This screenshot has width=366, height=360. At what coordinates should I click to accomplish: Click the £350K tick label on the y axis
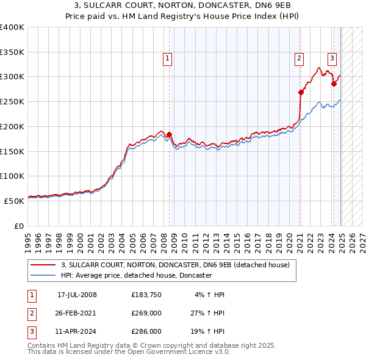pyautogui.click(x=12, y=52)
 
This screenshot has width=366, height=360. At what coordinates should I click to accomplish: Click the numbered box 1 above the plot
pyautogui.click(x=167, y=59)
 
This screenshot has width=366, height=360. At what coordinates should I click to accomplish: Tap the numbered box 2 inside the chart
pyautogui.click(x=300, y=59)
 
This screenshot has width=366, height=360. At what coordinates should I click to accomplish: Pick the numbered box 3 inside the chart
pyautogui.click(x=332, y=59)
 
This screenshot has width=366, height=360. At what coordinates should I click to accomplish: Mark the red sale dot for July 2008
pyautogui.click(x=170, y=134)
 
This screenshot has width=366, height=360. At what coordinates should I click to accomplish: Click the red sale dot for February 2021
pyautogui.click(x=301, y=92)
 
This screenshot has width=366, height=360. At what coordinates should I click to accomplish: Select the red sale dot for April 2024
pyautogui.click(x=334, y=84)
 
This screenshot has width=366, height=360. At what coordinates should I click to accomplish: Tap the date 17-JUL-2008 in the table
pyautogui.click(x=77, y=295)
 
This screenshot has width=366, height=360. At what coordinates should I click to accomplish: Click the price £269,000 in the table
pyautogui.click(x=146, y=313)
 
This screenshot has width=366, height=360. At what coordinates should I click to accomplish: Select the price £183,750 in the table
pyautogui.click(x=146, y=295)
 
